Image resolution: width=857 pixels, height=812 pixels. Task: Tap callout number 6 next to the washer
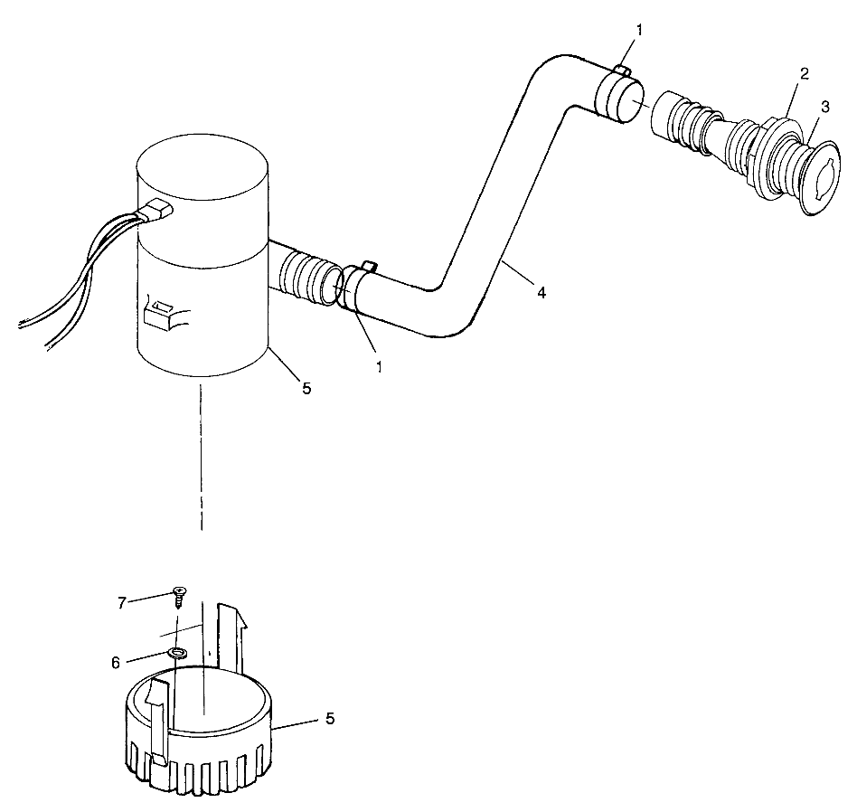(116, 662)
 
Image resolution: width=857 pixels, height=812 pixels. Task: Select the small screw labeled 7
(180, 594)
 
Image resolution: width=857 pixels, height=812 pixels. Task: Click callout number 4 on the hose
(541, 292)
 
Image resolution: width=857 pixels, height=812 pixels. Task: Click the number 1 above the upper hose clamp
(639, 31)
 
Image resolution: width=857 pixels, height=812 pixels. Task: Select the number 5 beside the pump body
(306, 388)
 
